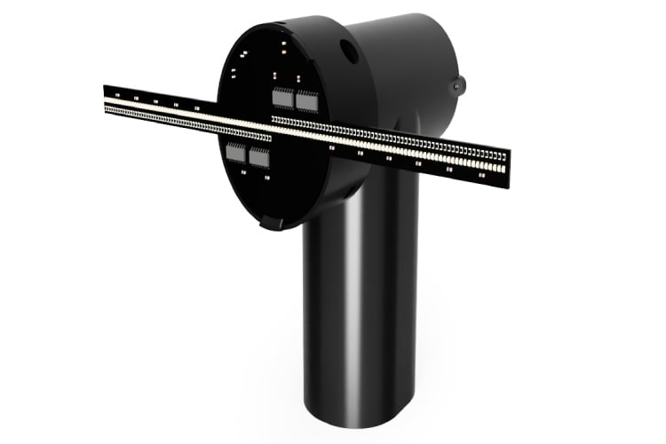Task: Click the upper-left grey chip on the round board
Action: [x=282, y=98]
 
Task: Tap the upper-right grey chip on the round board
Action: [x=306, y=101]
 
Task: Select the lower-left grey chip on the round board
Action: [x=236, y=153]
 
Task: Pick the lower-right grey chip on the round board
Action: [x=259, y=158]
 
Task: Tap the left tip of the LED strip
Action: [x=106, y=99]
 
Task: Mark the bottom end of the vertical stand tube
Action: [x=360, y=414]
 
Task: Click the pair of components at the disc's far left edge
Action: [x=234, y=75]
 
